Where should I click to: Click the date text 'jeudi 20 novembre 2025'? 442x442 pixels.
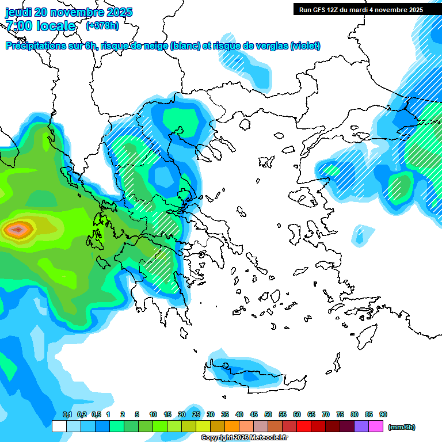point(68,12)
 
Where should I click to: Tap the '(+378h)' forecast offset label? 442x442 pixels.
point(102,25)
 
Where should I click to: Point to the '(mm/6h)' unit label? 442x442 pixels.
point(401,427)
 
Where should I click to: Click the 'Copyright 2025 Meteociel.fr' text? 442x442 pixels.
point(244,438)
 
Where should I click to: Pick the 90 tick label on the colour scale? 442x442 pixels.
point(383,414)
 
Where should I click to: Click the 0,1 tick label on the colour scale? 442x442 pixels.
point(67,414)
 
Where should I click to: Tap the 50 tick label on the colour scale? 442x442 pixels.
point(268,414)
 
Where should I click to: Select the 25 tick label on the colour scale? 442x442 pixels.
point(196,414)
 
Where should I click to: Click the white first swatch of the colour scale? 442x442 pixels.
point(59,426)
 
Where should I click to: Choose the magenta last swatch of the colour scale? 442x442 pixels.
point(376,426)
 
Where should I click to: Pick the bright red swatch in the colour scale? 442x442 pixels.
point(304,426)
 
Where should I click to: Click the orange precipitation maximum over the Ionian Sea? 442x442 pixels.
point(18,230)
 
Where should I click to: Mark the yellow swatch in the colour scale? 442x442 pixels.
point(203,426)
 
